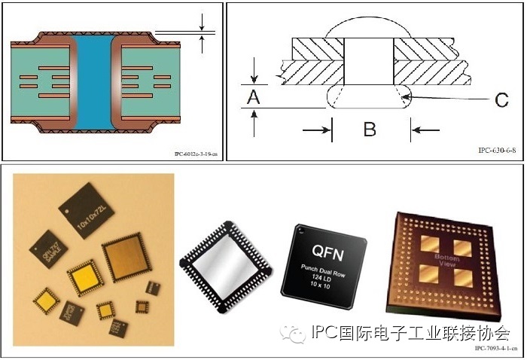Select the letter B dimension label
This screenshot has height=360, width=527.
point(369,129)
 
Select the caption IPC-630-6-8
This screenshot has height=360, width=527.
point(497,151)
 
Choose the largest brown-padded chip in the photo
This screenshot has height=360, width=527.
point(127,256)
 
